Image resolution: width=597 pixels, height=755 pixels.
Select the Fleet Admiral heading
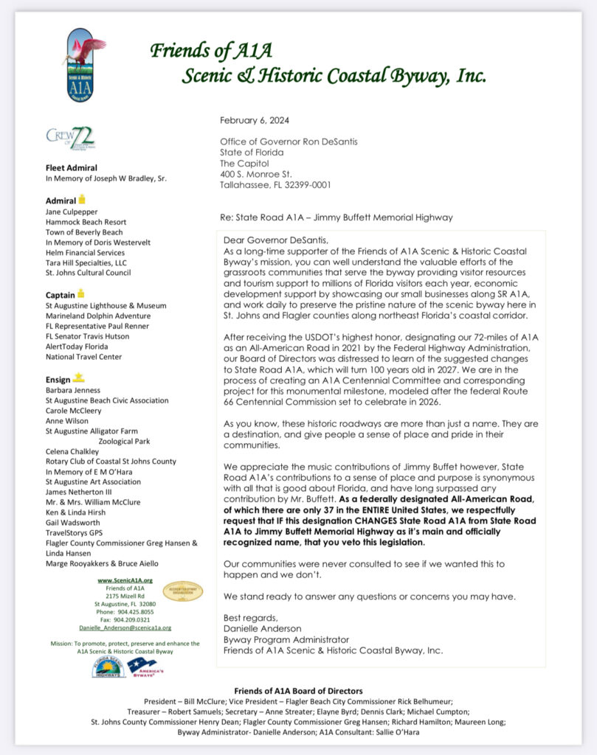click(x=72, y=167)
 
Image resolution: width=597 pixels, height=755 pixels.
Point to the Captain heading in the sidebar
click(x=61, y=295)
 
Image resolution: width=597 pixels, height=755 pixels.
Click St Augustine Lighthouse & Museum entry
click(x=106, y=305)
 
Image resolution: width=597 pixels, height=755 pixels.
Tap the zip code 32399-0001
click(x=305, y=186)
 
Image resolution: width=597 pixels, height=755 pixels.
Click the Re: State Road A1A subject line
click(x=336, y=218)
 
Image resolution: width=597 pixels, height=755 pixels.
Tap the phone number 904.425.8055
click(x=131, y=612)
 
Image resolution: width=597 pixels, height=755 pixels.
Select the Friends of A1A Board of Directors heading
click(x=298, y=691)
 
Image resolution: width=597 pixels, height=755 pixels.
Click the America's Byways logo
click(x=145, y=667)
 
